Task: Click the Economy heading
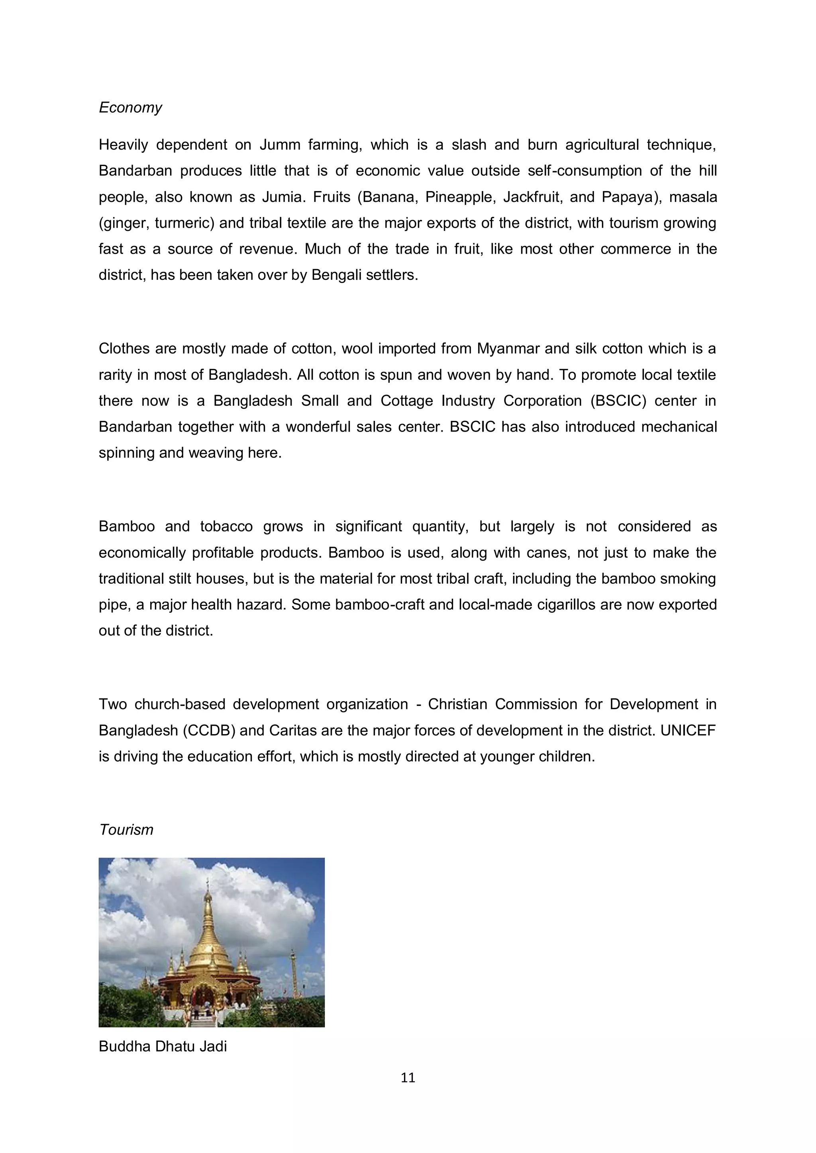pyautogui.click(x=130, y=107)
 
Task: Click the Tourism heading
pyautogui.click(x=126, y=830)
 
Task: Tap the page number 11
pyautogui.click(x=408, y=1078)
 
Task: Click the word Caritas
pyautogui.click(x=292, y=730)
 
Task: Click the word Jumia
pyautogui.click(x=283, y=197)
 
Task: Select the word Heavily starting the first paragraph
pyautogui.click(x=123, y=145)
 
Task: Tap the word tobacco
pyautogui.click(x=226, y=526)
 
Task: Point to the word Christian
pyautogui.click(x=457, y=704)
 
